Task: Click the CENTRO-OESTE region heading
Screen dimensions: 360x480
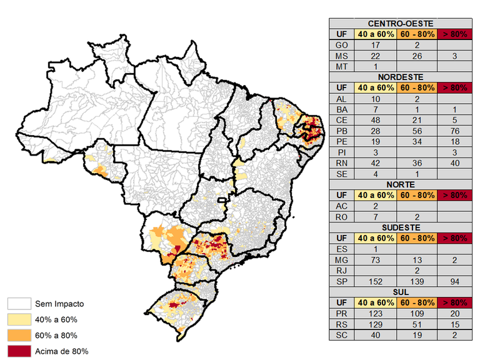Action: point(399,23)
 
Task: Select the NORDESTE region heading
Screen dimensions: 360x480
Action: point(399,77)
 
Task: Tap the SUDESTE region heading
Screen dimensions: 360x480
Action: point(399,227)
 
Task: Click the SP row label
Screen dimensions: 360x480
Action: point(341,281)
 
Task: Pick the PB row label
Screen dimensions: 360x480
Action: point(341,131)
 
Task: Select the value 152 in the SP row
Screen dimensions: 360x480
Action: point(375,281)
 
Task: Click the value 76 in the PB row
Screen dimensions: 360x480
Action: point(454,131)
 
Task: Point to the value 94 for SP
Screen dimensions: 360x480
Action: point(454,281)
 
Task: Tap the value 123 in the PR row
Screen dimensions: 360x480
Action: point(375,314)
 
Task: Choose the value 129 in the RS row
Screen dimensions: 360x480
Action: point(375,324)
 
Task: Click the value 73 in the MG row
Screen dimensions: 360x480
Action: point(375,259)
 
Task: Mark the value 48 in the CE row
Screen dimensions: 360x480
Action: point(375,120)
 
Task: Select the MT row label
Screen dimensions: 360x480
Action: point(341,66)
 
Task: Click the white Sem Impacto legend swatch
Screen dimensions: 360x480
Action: point(18,304)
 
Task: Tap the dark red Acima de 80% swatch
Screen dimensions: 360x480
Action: point(18,351)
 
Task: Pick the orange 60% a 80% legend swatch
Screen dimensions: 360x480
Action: point(18,335)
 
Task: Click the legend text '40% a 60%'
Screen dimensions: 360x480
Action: point(56,320)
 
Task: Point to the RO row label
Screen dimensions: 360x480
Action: point(341,217)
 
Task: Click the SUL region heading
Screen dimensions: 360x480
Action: point(399,292)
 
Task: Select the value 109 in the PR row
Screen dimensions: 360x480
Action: point(416,314)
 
